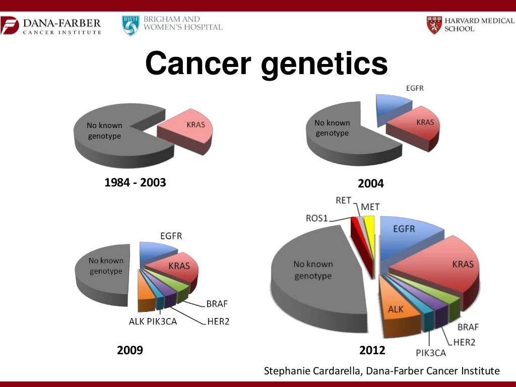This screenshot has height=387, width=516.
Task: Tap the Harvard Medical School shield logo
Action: click(433, 25)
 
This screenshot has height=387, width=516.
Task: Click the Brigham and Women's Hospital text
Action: click(182, 23)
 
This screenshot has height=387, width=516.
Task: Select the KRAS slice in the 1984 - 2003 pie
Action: click(189, 129)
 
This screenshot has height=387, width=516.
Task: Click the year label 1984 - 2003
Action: click(135, 182)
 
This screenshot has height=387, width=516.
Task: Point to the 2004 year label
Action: click(370, 184)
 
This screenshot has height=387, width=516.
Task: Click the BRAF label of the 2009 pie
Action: click(217, 304)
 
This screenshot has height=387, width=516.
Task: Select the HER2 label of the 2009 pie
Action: click(218, 321)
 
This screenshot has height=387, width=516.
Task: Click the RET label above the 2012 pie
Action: click(343, 201)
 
